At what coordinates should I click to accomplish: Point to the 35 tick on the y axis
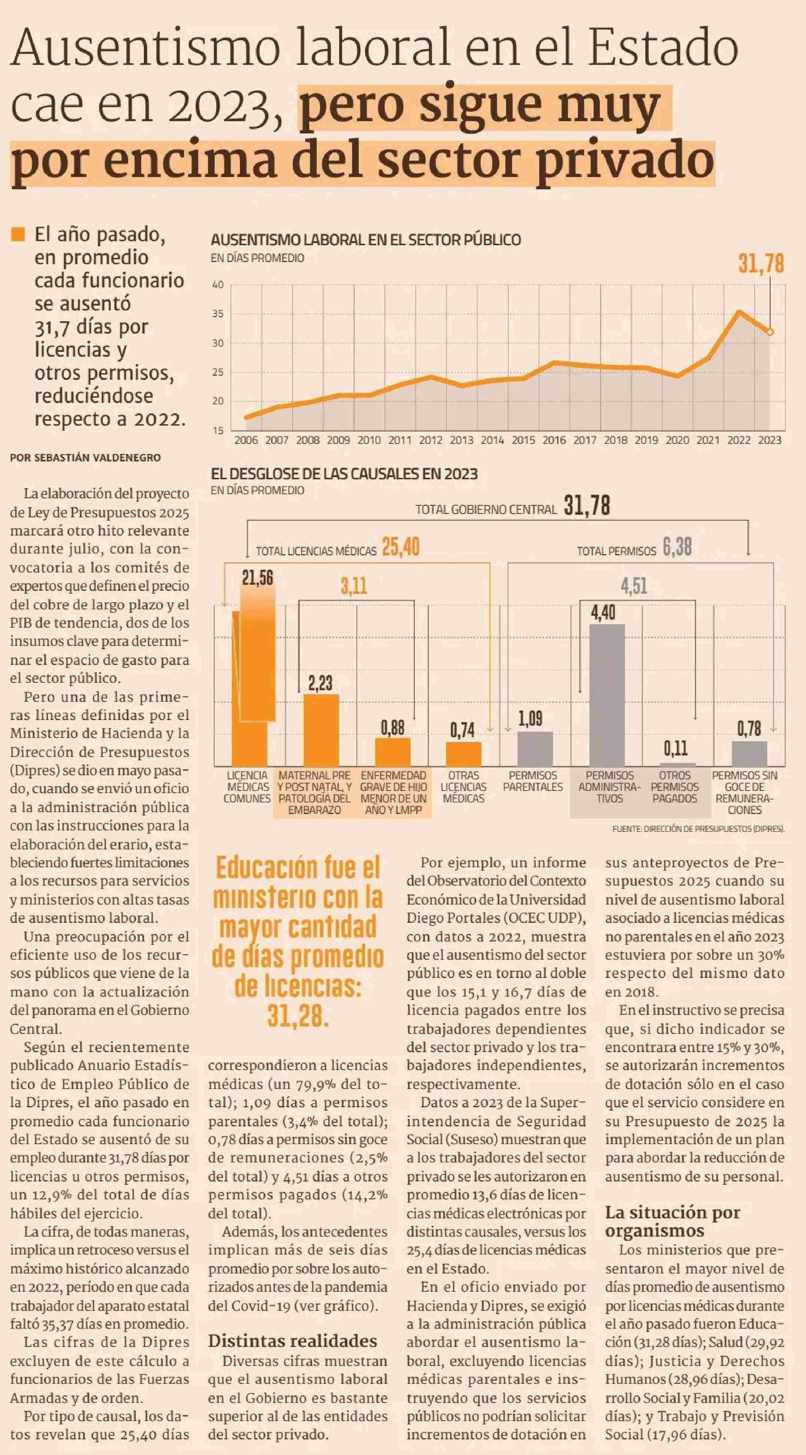pyautogui.click(x=218, y=314)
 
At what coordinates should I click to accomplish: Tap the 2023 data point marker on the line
pyautogui.click(x=769, y=332)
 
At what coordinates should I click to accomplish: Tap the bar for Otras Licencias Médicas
pyautogui.click(x=464, y=754)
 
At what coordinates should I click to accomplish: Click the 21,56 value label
pyautogui.click(x=257, y=578)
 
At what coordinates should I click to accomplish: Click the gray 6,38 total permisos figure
pyautogui.click(x=677, y=547)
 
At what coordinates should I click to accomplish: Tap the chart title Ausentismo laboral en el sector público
pyautogui.click(x=366, y=240)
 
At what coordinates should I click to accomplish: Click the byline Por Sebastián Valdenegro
pyautogui.click(x=85, y=458)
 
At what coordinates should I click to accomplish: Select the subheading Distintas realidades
pyautogui.click(x=293, y=1341)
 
